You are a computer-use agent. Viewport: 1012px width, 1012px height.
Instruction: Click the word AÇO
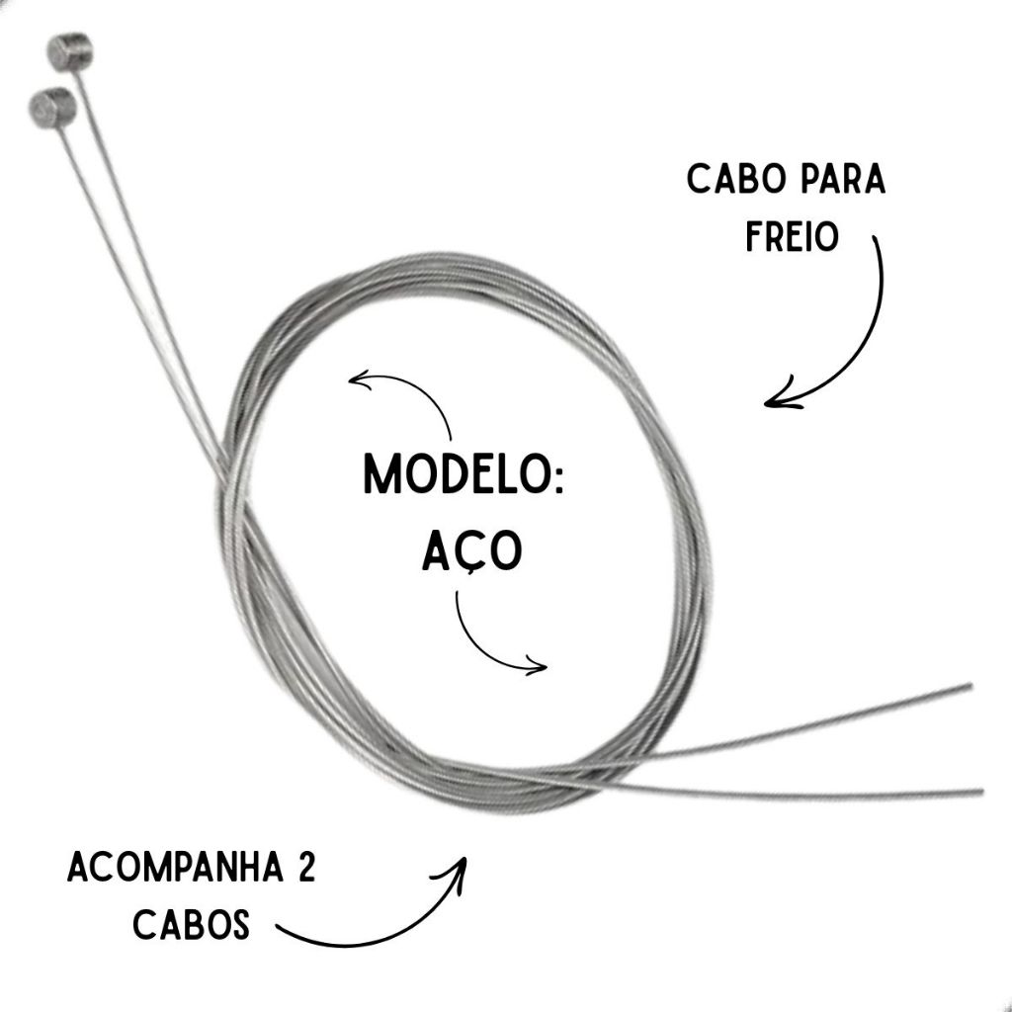[470, 553]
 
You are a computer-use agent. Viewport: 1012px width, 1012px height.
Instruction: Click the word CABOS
[191, 926]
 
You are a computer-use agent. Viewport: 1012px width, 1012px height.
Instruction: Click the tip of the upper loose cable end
[970, 685]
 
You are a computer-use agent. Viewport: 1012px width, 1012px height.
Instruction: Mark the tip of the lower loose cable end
[979, 791]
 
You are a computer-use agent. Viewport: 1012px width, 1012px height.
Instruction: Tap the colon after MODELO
[553, 476]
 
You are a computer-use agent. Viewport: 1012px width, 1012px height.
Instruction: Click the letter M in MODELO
[382, 474]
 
